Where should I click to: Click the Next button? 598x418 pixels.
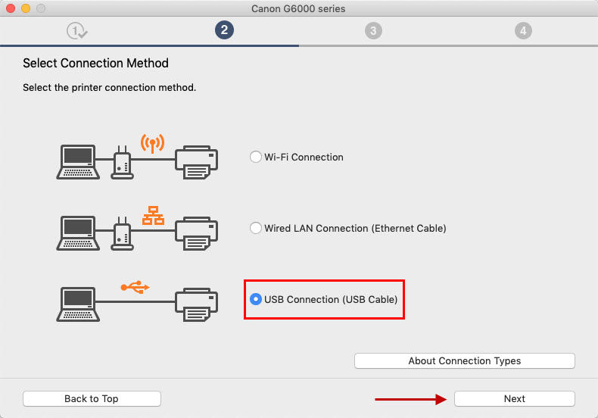click(x=514, y=398)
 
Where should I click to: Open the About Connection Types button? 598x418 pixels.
click(x=464, y=360)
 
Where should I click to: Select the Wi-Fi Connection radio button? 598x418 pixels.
click(x=255, y=158)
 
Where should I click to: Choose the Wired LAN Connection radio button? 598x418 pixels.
click(x=255, y=228)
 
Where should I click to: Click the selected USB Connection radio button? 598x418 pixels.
click(x=255, y=299)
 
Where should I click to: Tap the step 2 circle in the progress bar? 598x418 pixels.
click(x=223, y=30)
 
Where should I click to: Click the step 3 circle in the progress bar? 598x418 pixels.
click(x=372, y=30)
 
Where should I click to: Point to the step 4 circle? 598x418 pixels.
click(x=522, y=30)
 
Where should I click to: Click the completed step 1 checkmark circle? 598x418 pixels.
click(x=76, y=30)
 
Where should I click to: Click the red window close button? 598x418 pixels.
click(x=10, y=8)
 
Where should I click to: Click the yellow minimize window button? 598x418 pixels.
click(x=25, y=8)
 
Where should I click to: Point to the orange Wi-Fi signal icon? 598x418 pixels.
click(x=152, y=142)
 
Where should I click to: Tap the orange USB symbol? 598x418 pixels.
click(x=135, y=287)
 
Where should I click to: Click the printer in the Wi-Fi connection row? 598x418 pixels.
click(x=197, y=162)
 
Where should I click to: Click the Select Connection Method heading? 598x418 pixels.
click(x=95, y=63)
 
